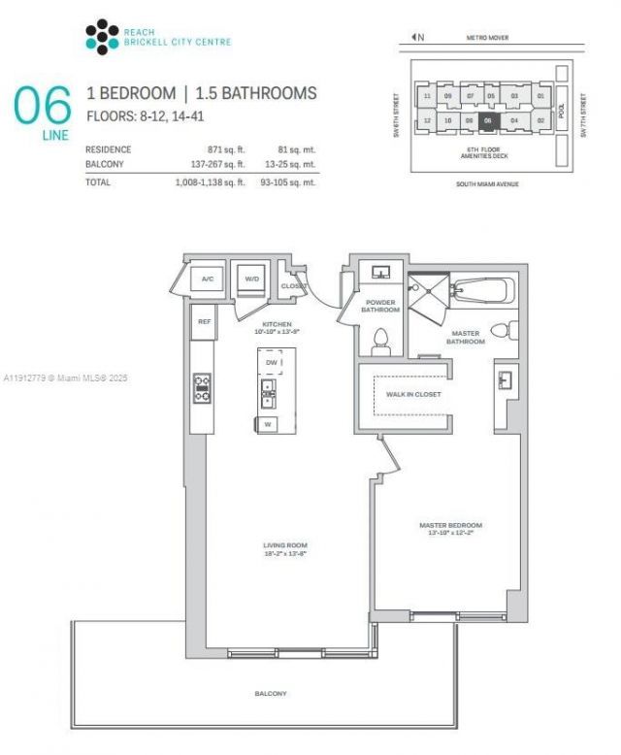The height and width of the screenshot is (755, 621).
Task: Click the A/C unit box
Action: [207, 279]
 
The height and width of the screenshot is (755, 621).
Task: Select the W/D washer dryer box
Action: [252, 279]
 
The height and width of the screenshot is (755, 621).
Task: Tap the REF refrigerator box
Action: [204, 321]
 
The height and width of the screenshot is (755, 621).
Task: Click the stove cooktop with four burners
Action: [203, 388]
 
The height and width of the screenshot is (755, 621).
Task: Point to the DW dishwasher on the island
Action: [271, 361]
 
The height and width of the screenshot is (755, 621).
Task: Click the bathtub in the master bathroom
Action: [482, 290]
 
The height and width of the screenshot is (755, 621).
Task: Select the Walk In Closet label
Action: [413, 394]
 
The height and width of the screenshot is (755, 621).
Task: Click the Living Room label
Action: [285, 548]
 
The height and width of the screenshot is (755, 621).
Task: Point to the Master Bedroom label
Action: [450, 528]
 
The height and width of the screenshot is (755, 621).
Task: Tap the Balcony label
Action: [273, 694]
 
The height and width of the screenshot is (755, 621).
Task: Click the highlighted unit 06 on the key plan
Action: [489, 120]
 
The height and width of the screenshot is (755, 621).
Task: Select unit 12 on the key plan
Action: [427, 120]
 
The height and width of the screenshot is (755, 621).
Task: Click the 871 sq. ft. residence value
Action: [225, 149]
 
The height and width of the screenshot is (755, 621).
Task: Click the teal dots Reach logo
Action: [102, 37]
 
